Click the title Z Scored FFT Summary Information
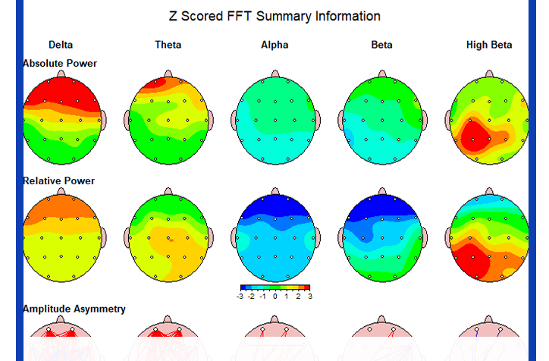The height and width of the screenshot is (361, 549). click(x=274, y=16)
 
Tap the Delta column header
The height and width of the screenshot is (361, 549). click(x=61, y=45)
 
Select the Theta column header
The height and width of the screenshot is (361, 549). click(x=168, y=45)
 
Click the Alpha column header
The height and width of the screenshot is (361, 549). click(x=274, y=45)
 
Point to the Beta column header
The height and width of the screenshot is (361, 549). click(x=381, y=45)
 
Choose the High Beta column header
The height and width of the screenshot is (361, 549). click(x=489, y=45)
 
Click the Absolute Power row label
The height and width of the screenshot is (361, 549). click(x=60, y=64)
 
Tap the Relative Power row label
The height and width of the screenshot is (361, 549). click(x=59, y=180)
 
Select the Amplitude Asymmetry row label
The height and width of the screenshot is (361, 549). click(x=74, y=309)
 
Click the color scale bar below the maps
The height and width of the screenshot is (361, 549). click(x=275, y=287)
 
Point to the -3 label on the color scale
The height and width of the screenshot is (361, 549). click(x=240, y=297)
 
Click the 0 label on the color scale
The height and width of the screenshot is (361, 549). click(x=274, y=297)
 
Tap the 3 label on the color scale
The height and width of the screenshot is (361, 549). click(x=310, y=297)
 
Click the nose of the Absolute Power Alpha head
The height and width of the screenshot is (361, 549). click(x=275, y=74)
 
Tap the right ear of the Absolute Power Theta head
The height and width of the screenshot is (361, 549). click(x=211, y=120)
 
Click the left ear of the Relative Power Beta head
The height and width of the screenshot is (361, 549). click(x=341, y=237)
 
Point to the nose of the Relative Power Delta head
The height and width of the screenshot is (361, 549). click(x=61, y=191)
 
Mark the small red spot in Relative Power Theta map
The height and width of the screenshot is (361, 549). click(x=171, y=240)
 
